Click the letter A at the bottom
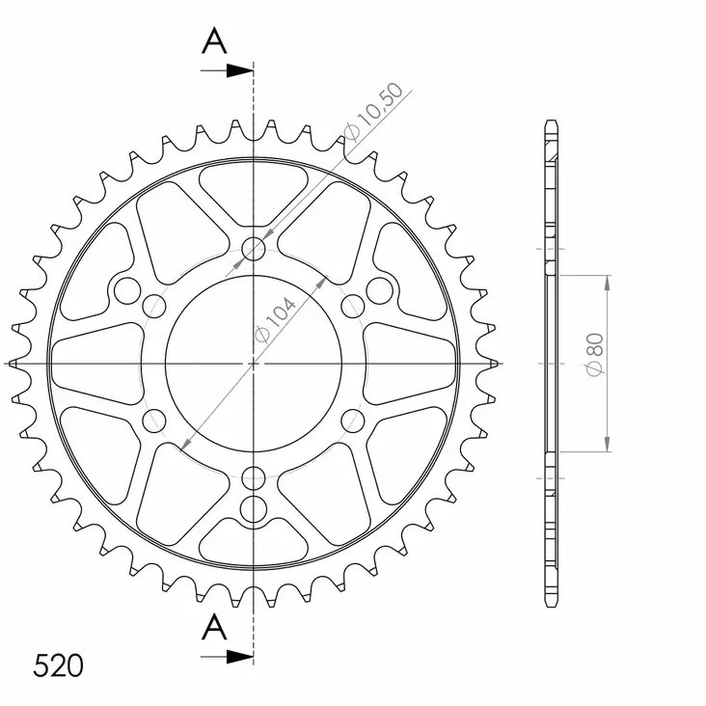pyautogui.click(x=215, y=629)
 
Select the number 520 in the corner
pyautogui.click(x=58, y=666)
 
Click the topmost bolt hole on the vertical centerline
pyautogui.click(x=254, y=250)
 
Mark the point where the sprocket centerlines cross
pyautogui.click(x=254, y=363)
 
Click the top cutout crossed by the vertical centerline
pyautogui.click(x=253, y=186)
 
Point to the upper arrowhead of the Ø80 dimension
pyautogui.click(x=607, y=282)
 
